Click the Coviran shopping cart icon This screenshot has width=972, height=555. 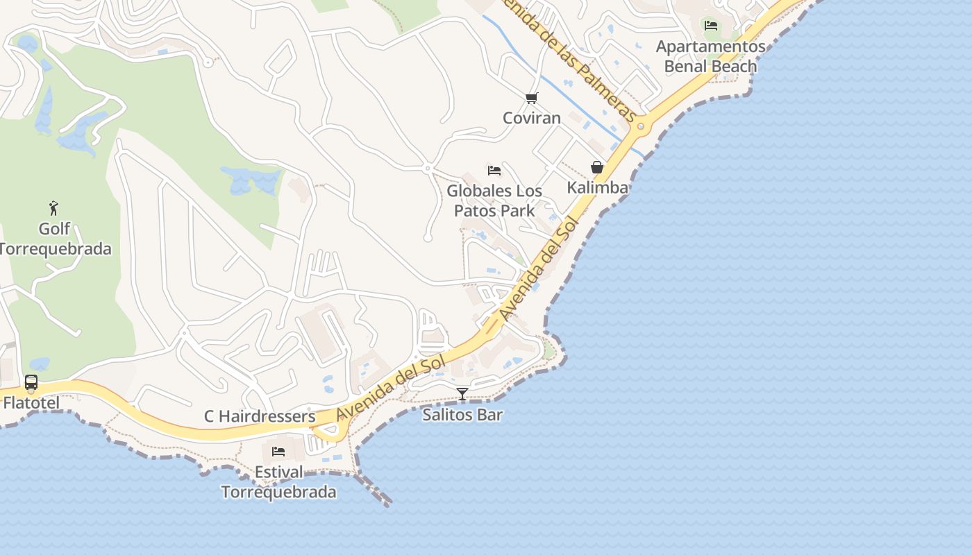click(x=531, y=99)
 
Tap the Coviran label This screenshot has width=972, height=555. click(x=532, y=118)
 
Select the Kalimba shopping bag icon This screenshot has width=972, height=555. click(x=596, y=167)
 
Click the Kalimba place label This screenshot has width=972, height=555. click(x=598, y=187)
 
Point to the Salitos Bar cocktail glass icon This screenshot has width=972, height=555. click(x=462, y=394)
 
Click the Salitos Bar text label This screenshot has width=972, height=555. click(x=462, y=415)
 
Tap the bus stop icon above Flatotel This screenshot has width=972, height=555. click(x=31, y=382)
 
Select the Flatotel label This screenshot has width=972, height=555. click(x=31, y=402)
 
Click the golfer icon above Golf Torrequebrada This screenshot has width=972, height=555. click(x=53, y=207)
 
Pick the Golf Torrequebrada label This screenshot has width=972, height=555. click(x=55, y=239)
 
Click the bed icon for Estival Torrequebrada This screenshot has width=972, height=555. click(x=278, y=452)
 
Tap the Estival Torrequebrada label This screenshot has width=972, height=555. click(x=278, y=482)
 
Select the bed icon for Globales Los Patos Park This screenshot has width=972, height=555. click(x=494, y=170)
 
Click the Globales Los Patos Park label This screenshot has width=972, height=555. click(x=494, y=200)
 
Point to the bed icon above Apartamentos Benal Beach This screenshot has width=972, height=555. click(x=711, y=26)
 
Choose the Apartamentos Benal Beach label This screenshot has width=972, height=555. click(x=711, y=56)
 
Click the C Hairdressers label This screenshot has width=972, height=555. click(x=260, y=417)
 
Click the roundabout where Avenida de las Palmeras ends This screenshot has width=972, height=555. click(x=640, y=127)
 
